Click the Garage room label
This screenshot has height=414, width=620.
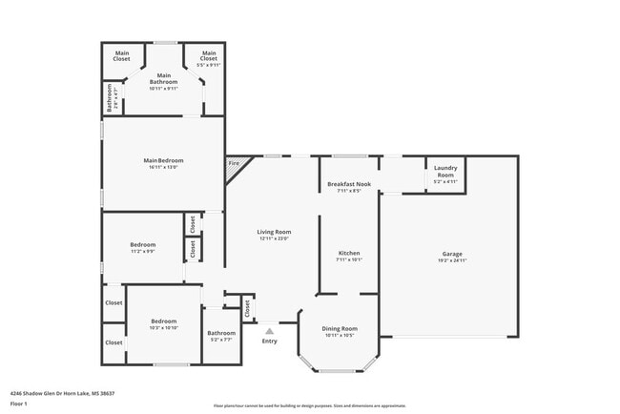click(x=452, y=254)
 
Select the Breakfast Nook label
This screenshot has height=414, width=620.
click(x=349, y=184)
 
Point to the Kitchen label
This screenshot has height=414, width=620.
click(x=348, y=253)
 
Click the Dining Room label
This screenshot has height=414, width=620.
click(x=340, y=328)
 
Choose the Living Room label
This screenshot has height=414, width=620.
click(x=274, y=232)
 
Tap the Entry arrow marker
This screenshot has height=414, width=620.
click(x=269, y=331)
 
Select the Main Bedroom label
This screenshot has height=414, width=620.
click(x=163, y=160)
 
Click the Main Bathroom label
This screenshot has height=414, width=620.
click(x=164, y=78)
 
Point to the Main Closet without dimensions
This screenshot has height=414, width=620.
click(x=122, y=55)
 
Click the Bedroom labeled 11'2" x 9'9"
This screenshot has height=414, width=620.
click(x=143, y=245)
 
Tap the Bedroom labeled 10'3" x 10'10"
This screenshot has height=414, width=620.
click(x=163, y=321)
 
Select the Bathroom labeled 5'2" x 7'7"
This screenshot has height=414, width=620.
click(x=221, y=333)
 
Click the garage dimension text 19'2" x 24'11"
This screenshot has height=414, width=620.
click(x=452, y=259)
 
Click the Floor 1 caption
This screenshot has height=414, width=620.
click(x=19, y=404)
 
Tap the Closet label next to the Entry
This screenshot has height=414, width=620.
click(x=247, y=309)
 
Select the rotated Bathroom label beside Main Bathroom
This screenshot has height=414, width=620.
click(x=110, y=97)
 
